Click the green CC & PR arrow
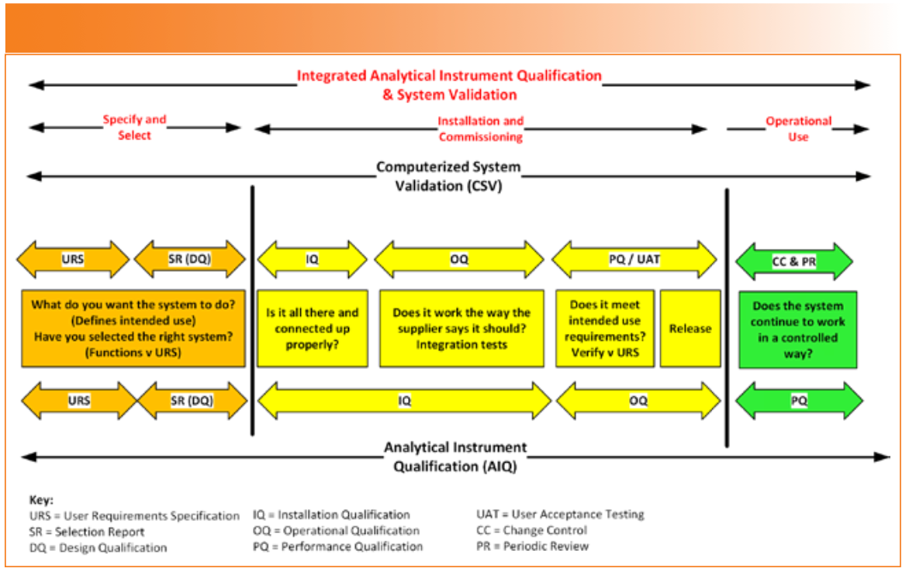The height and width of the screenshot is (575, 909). [793, 262]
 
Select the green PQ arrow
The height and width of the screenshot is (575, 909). [799, 400]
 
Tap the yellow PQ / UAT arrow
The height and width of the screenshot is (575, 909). [634, 260]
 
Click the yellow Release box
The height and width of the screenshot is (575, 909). [690, 329]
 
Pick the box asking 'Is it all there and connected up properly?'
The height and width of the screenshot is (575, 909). [313, 329]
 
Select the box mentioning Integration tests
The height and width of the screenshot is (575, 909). [461, 329]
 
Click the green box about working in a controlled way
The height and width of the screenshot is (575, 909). [797, 329]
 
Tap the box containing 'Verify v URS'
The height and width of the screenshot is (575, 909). [605, 329]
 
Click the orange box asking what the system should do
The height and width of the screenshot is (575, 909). [133, 329]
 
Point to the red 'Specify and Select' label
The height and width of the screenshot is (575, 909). [134, 127]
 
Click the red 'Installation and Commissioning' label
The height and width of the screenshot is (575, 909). [481, 129]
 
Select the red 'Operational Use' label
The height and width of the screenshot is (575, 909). [798, 129]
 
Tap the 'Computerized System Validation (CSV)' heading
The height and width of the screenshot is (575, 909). [448, 176]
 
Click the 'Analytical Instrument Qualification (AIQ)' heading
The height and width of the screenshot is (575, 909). [455, 457]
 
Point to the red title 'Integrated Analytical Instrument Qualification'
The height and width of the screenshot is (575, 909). [449, 76]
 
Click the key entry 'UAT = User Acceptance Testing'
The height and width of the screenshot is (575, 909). [560, 515]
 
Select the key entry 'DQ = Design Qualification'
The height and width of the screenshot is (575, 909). [98, 548]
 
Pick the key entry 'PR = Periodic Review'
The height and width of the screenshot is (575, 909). [532, 546]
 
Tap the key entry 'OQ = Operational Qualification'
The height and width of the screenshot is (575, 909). [336, 530]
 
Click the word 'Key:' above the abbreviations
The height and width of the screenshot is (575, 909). [41, 500]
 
